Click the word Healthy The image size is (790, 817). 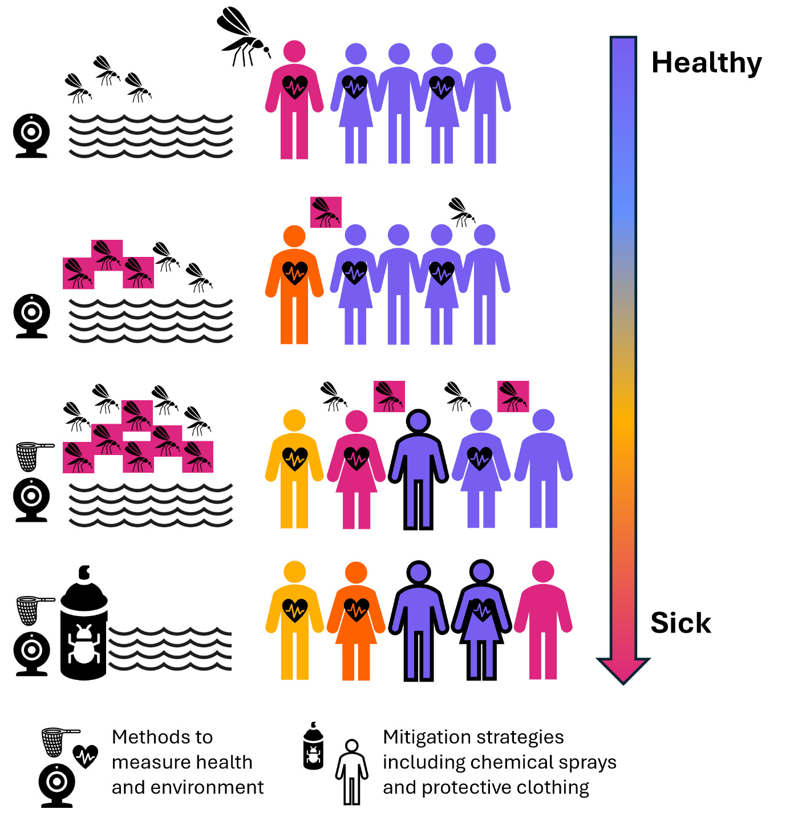tap(706, 63)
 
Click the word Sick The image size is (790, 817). tap(680, 623)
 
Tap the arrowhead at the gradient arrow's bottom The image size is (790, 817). tap(623, 669)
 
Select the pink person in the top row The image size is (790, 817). tap(294, 103)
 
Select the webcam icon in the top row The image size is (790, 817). tap(32, 135)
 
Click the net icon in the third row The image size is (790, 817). tap(31, 455)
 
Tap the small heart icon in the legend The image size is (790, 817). tap(86, 756)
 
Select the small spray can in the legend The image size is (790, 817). tap(313, 746)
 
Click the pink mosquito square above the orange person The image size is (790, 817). tap(326, 212)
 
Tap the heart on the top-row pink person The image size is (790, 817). tap(295, 87)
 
